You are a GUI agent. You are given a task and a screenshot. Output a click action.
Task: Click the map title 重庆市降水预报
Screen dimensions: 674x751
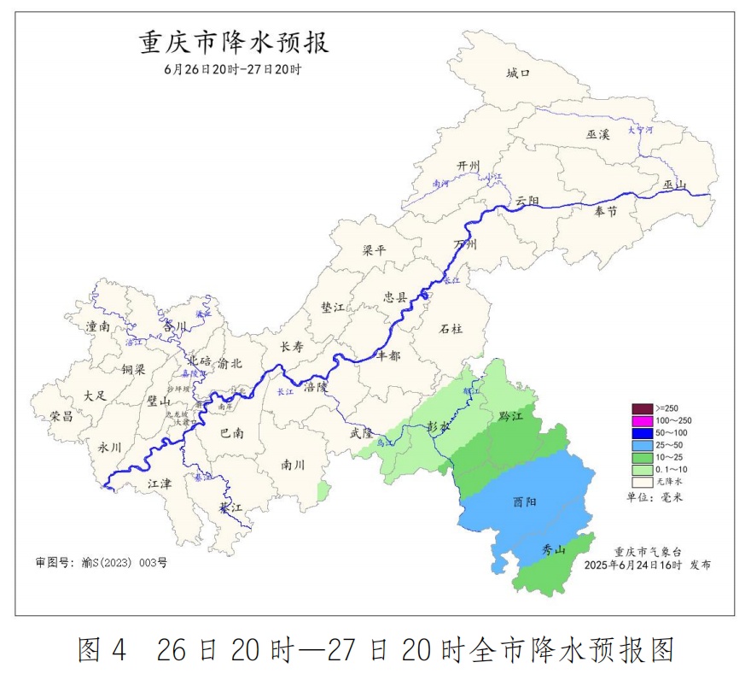235,42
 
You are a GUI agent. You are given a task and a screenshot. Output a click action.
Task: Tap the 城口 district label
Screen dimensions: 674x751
518,73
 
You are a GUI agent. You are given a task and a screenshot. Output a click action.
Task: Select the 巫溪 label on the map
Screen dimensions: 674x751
598,135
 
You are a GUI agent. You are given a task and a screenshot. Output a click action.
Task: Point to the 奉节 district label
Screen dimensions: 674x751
605,211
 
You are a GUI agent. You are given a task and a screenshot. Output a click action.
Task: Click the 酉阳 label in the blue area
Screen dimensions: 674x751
525,502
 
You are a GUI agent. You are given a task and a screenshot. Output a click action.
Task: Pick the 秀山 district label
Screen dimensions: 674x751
554,551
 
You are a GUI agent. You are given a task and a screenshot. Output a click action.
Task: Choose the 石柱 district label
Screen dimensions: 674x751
451,329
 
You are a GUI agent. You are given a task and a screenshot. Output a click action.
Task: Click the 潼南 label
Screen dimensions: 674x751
98,326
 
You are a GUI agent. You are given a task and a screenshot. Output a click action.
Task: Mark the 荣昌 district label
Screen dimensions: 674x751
61,416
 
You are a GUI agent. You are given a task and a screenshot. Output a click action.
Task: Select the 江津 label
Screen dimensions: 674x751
160,484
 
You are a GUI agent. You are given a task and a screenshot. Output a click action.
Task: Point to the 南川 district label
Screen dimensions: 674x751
293,465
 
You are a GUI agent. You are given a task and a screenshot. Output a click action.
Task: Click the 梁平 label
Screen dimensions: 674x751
375,251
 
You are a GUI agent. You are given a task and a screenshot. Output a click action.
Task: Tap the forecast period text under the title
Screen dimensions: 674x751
233,70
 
